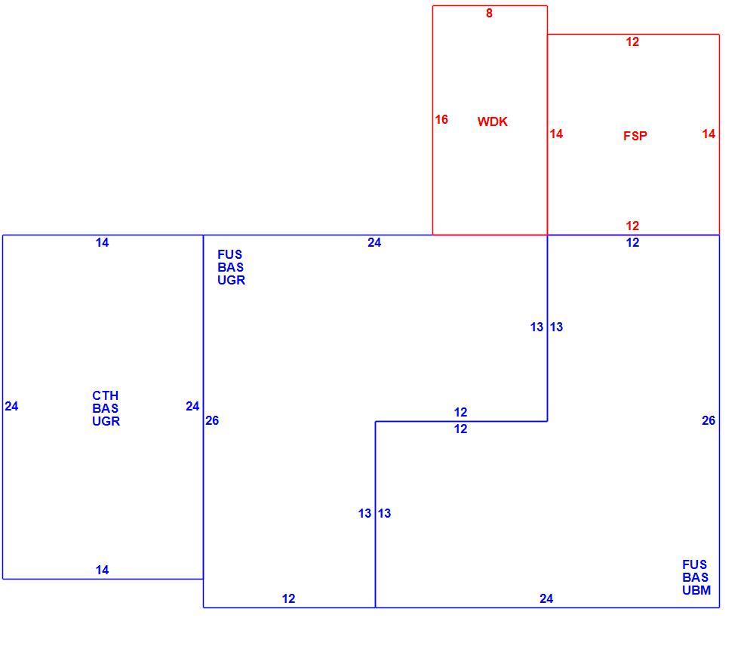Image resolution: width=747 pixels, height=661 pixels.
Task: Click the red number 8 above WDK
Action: coord(489,14)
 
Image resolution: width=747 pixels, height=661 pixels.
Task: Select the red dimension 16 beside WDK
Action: coord(441,120)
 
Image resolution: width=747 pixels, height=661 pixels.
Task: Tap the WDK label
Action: coord(493,121)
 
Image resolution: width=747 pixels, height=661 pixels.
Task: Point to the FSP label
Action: coord(635,136)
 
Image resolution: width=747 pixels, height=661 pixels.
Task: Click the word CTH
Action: coord(106,395)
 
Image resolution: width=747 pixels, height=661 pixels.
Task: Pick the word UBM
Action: coord(696,591)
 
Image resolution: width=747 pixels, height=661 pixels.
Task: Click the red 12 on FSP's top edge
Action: coord(632,42)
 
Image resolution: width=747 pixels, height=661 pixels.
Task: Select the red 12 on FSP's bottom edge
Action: coord(632,226)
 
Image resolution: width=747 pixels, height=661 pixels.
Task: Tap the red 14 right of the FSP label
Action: coord(709,134)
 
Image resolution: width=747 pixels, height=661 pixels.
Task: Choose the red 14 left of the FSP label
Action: coord(556,134)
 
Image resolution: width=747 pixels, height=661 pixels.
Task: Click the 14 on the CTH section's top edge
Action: coord(103,242)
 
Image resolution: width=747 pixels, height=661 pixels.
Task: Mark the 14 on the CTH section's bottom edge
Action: coord(103,570)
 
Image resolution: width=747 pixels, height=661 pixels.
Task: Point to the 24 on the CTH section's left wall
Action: coord(11,407)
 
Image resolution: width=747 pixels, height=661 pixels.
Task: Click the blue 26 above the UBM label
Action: coord(709,420)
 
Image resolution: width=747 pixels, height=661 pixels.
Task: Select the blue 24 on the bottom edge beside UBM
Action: coord(546,598)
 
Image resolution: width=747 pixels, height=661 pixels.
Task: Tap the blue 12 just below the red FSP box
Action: coord(632,242)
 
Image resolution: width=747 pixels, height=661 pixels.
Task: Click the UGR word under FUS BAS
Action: coord(232,280)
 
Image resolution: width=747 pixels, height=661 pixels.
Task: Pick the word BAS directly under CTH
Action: coord(106,408)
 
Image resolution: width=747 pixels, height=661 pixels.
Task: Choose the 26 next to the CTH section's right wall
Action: coord(213,420)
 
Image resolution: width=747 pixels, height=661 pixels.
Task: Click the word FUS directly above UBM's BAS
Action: coord(695,564)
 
